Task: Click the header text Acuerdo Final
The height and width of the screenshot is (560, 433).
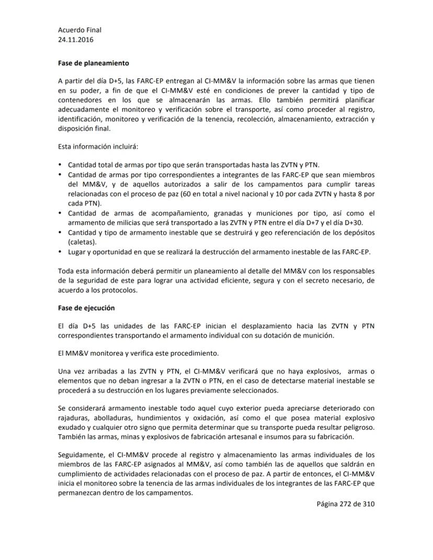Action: pyautogui.click(x=79, y=30)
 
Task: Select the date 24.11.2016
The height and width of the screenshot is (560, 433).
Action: pyautogui.click(x=76, y=39)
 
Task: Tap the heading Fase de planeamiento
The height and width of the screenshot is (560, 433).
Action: pyautogui.click(x=93, y=63)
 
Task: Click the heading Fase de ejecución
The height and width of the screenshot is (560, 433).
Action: pyautogui.click(x=86, y=308)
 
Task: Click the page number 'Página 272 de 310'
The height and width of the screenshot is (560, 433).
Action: pyautogui.click(x=346, y=504)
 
